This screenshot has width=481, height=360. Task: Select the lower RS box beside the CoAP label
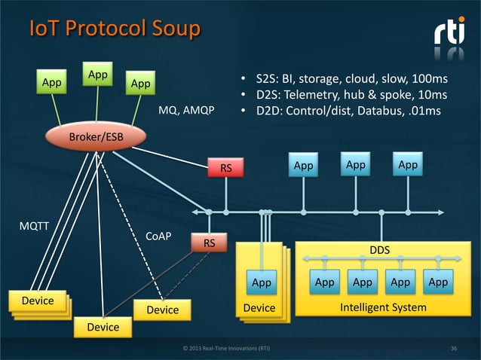209,243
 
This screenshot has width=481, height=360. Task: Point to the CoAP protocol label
158,236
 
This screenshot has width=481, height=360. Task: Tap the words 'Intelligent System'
383,308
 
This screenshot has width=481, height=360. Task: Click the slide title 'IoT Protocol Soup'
114,29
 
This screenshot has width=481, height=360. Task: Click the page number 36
454,349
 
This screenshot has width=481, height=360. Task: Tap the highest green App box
97,76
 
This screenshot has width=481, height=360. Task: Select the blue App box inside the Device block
261,282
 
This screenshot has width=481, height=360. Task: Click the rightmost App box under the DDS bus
437,282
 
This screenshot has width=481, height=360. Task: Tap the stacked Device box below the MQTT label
37,301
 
